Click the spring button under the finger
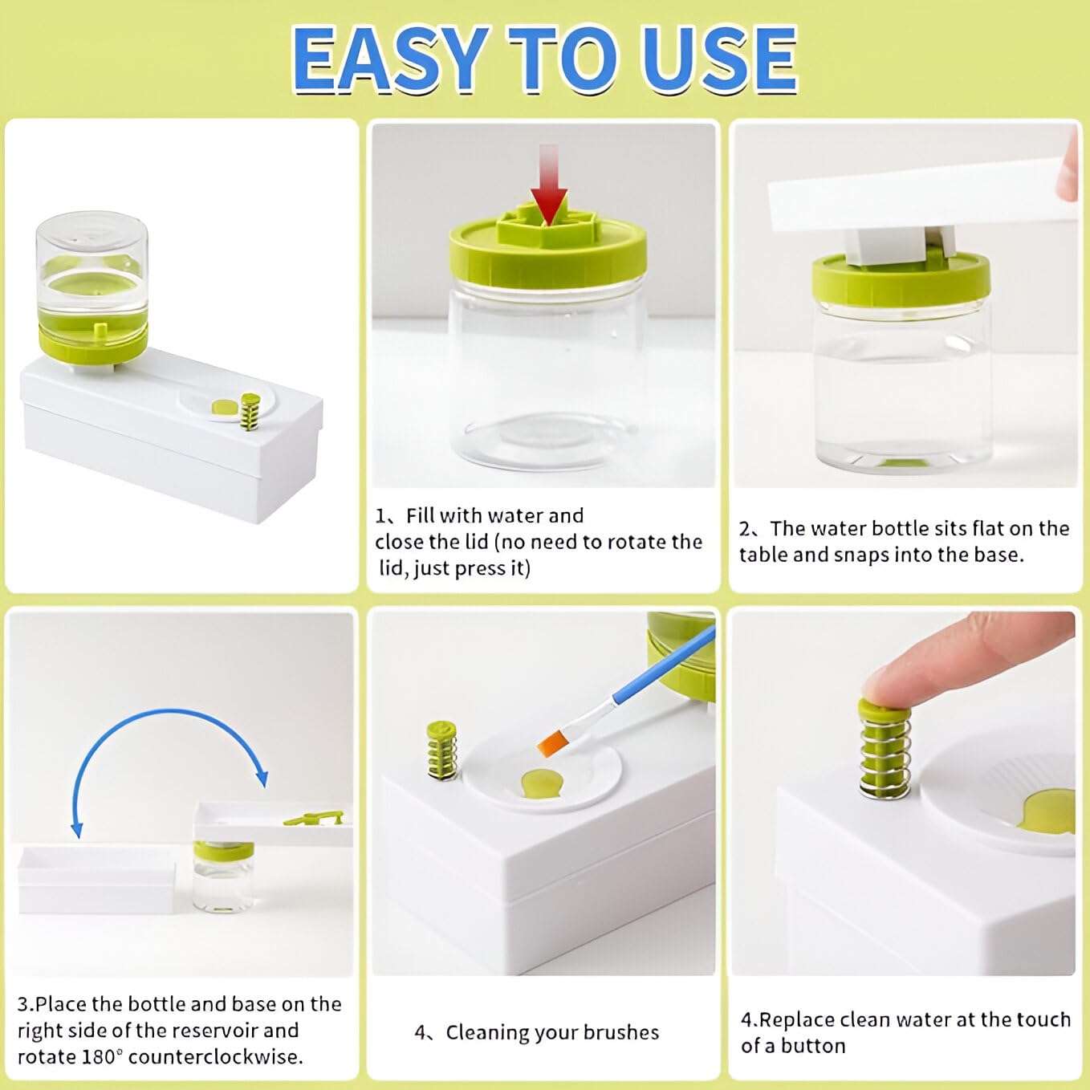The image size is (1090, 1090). pos(885,750)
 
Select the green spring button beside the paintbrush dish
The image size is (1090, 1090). pos(441,750)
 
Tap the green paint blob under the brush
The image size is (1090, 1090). pos(541,782)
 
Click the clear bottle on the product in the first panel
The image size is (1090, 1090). pos(92,257)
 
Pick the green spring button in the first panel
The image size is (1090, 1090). pos(250,411)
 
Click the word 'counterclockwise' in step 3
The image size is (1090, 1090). pos(215,1056)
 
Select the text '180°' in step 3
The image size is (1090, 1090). pos(103,1056)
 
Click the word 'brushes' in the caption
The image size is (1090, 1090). pos(622,1032)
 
